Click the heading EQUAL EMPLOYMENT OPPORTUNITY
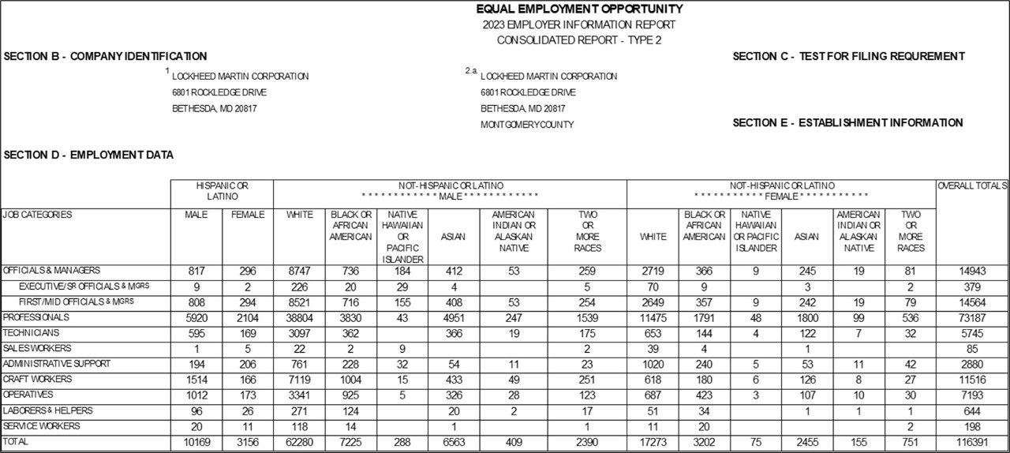(579, 9)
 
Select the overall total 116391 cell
(971, 443)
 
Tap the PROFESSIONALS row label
(36, 317)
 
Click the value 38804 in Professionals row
(299, 317)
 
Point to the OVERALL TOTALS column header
(971, 185)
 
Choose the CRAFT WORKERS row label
(37, 380)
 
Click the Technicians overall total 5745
(971, 333)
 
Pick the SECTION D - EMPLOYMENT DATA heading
(88, 155)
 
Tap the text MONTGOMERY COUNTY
(527, 125)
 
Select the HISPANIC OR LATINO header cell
(222, 190)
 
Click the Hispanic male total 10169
(196, 443)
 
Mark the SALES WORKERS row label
(37, 348)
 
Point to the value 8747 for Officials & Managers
(299, 271)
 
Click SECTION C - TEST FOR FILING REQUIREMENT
(848, 56)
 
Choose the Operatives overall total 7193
(971, 395)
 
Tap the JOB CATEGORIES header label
(37, 215)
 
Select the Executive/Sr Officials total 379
(971, 286)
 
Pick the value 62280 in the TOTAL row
(299, 443)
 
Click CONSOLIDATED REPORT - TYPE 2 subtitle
(579, 40)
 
